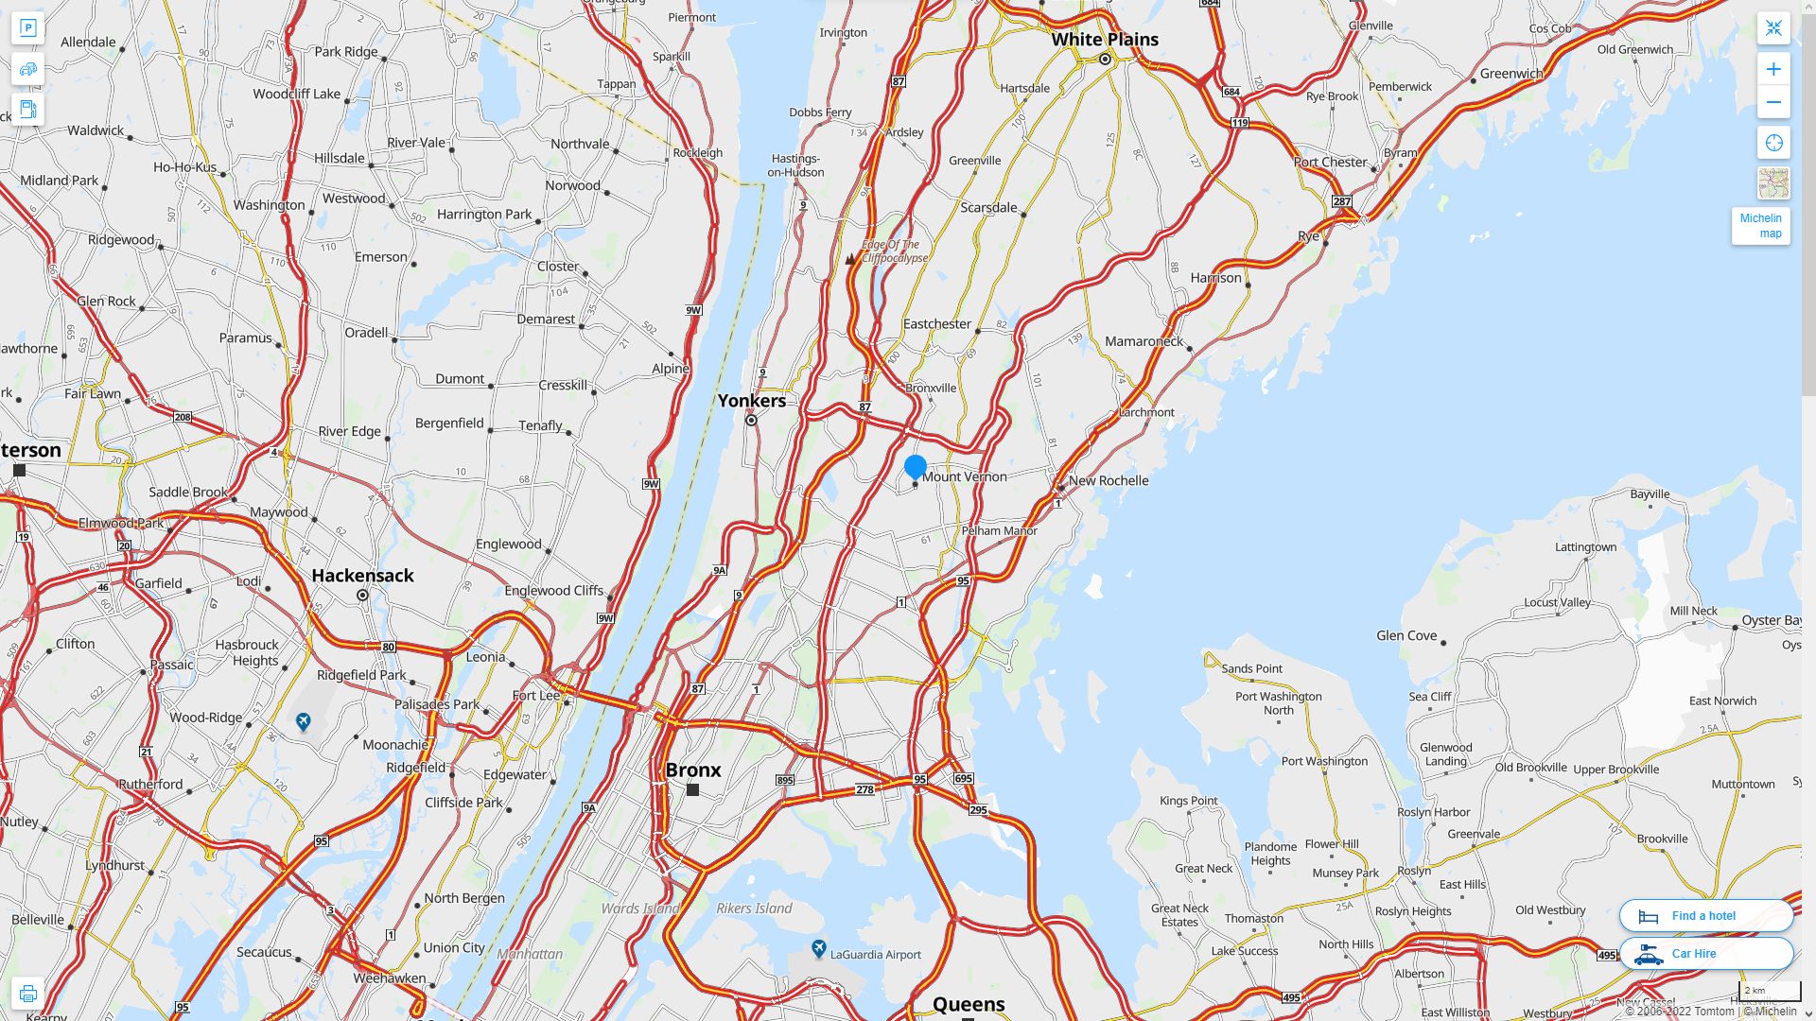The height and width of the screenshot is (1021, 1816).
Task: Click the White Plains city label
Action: click(x=1105, y=40)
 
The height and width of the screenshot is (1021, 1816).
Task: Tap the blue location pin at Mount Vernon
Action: click(x=915, y=467)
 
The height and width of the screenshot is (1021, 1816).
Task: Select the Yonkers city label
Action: click(x=751, y=401)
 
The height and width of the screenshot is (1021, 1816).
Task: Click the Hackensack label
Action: click(x=362, y=575)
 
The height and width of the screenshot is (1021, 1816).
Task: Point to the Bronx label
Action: click(x=693, y=770)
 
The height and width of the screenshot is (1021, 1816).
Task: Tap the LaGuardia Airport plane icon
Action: click(x=819, y=947)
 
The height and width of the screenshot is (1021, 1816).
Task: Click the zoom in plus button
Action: click(x=1773, y=69)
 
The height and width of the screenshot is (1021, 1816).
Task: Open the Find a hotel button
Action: click(x=1705, y=915)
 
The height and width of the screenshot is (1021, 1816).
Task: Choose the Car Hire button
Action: click(x=1705, y=953)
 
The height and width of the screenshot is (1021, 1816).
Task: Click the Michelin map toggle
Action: click(x=1760, y=226)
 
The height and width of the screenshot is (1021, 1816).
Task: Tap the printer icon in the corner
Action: click(x=27, y=993)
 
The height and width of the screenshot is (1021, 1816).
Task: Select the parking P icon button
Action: click(x=27, y=27)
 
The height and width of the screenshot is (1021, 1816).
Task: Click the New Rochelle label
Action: click(x=1109, y=480)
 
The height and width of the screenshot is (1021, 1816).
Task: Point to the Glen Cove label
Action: click(x=1406, y=635)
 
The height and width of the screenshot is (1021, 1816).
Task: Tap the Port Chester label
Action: click(x=1330, y=162)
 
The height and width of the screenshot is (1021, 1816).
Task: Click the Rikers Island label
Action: click(x=754, y=909)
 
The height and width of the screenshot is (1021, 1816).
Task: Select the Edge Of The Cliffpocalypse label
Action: click(x=894, y=251)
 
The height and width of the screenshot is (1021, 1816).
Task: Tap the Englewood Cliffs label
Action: click(x=553, y=591)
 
